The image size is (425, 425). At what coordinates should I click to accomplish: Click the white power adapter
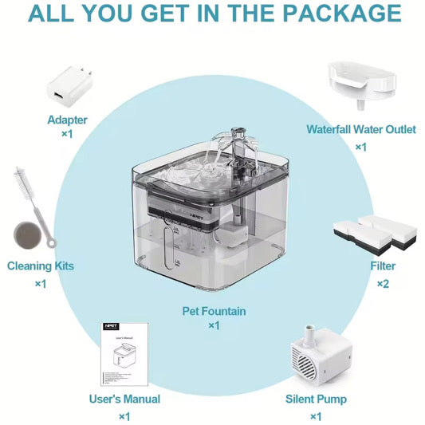click(69, 86)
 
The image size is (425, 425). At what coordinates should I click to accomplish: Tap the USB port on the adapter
click(57, 96)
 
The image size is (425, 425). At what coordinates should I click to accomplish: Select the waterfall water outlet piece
click(362, 84)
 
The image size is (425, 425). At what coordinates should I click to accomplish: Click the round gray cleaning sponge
click(28, 235)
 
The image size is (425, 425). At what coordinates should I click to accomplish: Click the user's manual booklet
click(124, 354)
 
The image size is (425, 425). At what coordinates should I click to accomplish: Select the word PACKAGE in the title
click(342, 13)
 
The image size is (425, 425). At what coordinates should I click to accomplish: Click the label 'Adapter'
click(67, 120)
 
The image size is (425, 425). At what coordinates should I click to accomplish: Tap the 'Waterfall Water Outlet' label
click(361, 129)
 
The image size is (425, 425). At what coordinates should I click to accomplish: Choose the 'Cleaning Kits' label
click(41, 266)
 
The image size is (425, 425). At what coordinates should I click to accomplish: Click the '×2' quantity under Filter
click(383, 284)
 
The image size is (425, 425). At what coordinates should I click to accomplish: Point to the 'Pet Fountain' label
click(214, 311)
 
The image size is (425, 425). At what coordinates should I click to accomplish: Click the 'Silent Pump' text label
click(316, 399)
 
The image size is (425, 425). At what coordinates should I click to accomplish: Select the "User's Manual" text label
click(124, 399)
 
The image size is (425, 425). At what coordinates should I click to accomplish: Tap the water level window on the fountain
click(168, 247)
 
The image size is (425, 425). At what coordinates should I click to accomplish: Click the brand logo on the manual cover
click(112, 326)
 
